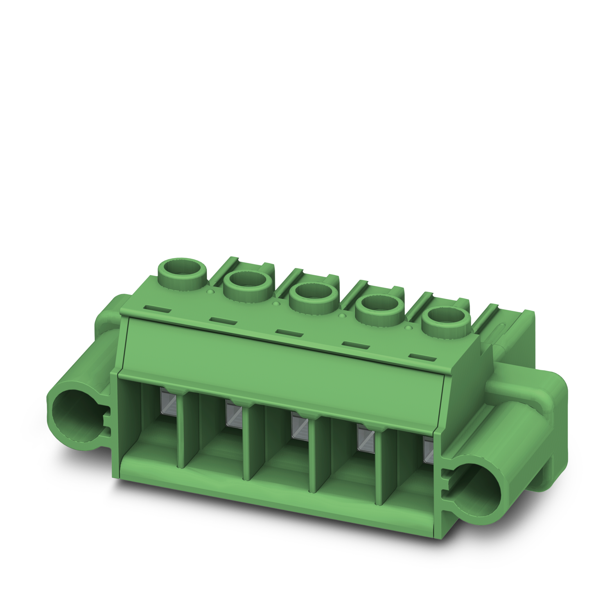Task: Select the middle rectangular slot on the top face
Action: click(x=289, y=331)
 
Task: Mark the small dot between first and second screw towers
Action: click(x=211, y=291)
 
